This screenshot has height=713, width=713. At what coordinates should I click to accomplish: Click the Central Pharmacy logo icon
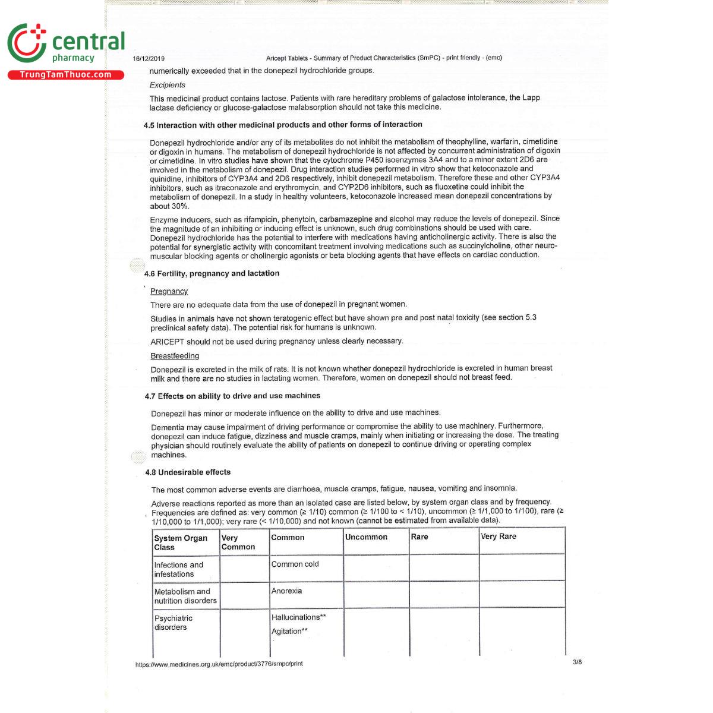pyautogui.click(x=27, y=43)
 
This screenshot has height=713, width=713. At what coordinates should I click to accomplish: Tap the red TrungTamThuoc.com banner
pyautogui.click(x=65, y=75)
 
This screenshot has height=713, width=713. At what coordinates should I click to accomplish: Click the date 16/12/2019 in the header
pyautogui.click(x=149, y=59)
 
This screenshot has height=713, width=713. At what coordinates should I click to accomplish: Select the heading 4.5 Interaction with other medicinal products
pyautogui.click(x=283, y=125)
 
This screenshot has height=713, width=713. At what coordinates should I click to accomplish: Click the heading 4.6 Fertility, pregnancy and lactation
pyautogui.click(x=212, y=273)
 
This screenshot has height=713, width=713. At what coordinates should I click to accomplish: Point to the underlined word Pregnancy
pyautogui.click(x=169, y=291)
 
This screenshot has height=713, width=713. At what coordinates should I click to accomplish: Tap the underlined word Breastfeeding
pyautogui.click(x=175, y=356)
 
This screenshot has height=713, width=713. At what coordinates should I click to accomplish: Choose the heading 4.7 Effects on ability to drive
pyautogui.click(x=232, y=396)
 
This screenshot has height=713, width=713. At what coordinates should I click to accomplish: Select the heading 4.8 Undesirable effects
pyautogui.click(x=188, y=472)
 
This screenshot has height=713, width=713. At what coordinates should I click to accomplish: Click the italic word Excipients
pyautogui.click(x=167, y=85)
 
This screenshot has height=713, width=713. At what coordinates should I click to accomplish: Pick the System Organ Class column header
pyautogui.click(x=181, y=542)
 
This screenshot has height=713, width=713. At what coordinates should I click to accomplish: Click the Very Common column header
pyautogui.click(x=238, y=542)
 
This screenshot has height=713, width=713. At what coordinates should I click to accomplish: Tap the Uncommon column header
pyautogui.click(x=366, y=537)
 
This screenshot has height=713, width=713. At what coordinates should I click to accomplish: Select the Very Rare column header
pyautogui.click(x=499, y=537)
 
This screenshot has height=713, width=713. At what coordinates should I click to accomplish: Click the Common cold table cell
pyautogui.click(x=295, y=564)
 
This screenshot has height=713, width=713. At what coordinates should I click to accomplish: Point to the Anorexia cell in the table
pyautogui.click(x=286, y=591)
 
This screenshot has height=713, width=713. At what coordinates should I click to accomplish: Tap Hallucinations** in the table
pyautogui.click(x=298, y=617)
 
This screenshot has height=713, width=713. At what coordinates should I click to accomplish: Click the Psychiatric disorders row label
pyautogui.click(x=173, y=623)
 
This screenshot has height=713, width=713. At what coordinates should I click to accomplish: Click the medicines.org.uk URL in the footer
pyautogui.click(x=219, y=664)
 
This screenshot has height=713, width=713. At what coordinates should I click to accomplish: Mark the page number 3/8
pyautogui.click(x=577, y=662)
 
